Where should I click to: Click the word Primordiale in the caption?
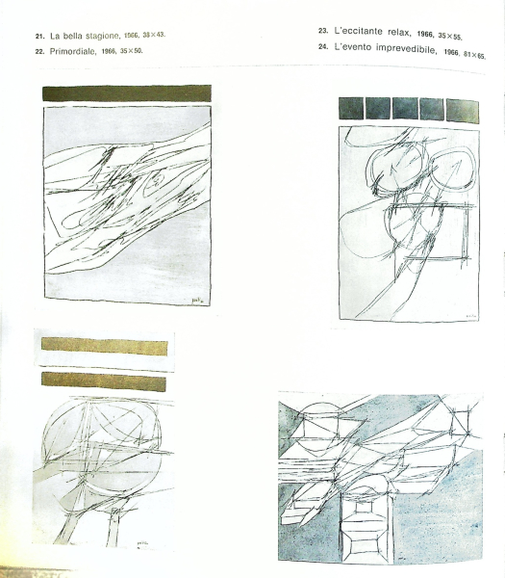point(73,51)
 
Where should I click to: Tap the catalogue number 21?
point(39,37)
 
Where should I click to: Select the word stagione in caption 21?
point(103,36)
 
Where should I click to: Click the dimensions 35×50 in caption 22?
point(132,51)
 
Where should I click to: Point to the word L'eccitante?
point(353,32)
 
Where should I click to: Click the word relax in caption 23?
point(399,33)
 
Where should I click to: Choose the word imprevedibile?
point(406,49)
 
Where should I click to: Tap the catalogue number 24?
point(323,47)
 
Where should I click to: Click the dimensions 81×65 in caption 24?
point(475,55)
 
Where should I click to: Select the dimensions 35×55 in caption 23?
point(450,37)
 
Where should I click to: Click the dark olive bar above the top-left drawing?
point(127,93)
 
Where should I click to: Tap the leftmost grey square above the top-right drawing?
point(351,108)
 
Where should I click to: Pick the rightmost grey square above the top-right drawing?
point(463,111)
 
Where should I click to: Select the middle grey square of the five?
point(405,109)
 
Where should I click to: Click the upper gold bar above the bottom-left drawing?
point(105,347)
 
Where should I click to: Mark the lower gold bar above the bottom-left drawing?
point(104,381)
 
